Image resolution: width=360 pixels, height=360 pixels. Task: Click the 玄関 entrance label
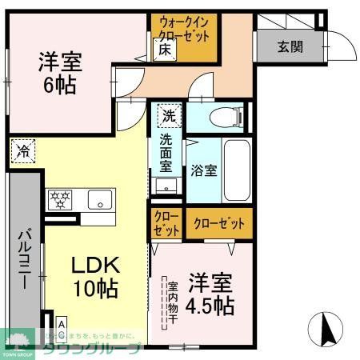tap(290, 46)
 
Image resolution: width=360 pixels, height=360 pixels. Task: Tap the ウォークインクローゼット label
tap(184, 30)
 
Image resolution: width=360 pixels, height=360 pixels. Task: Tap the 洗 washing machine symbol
tap(168, 115)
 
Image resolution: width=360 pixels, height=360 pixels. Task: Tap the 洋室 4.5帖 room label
tap(210, 294)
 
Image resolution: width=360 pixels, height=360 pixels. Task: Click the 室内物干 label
tap(172, 302)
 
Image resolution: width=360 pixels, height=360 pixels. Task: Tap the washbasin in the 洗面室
tap(167, 186)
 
